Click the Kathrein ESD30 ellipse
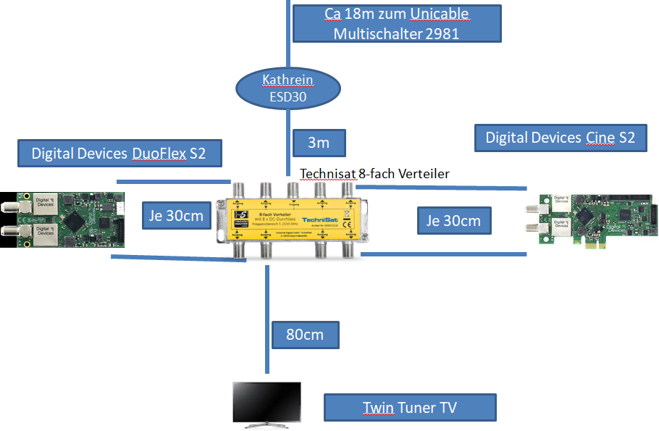288,88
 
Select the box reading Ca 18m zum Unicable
396,24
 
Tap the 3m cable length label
319,143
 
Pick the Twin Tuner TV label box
410,408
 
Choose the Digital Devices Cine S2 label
560,137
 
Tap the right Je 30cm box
454,220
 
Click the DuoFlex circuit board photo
63,219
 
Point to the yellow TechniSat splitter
293,221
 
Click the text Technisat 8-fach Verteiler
375,174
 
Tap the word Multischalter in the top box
377,33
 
